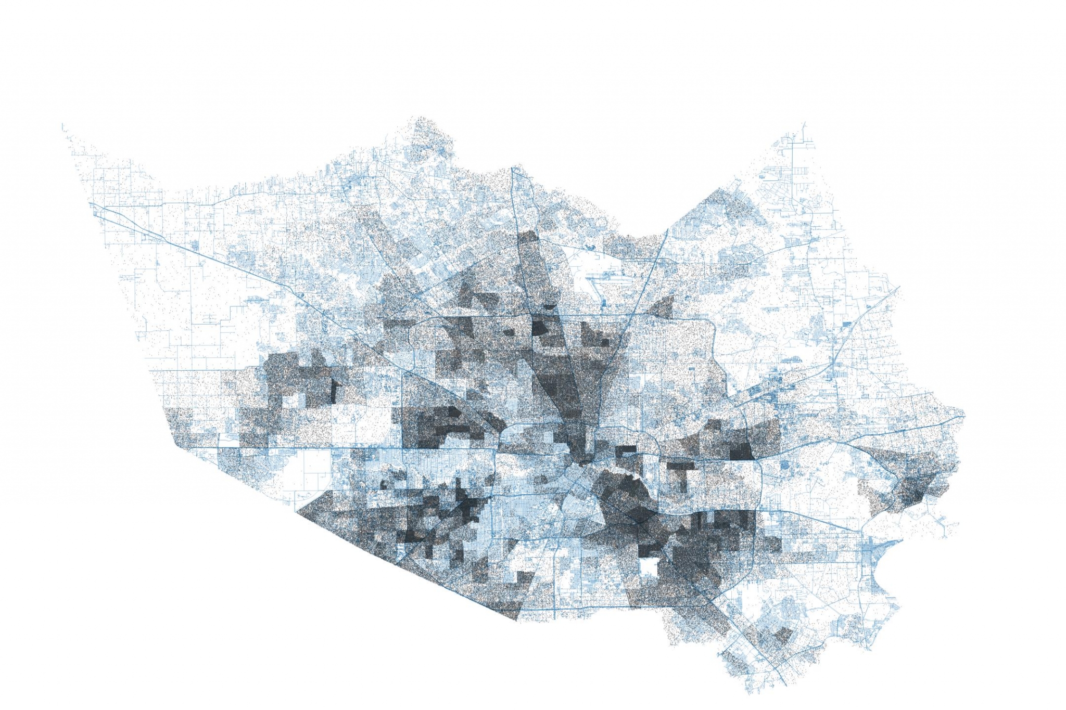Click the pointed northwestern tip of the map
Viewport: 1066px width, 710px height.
tap(62, 125)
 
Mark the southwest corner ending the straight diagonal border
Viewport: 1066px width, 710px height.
tap(516, 620)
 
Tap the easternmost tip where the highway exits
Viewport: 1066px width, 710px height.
tap(964, 416)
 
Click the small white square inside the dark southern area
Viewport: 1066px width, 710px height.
tap(648, 565)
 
